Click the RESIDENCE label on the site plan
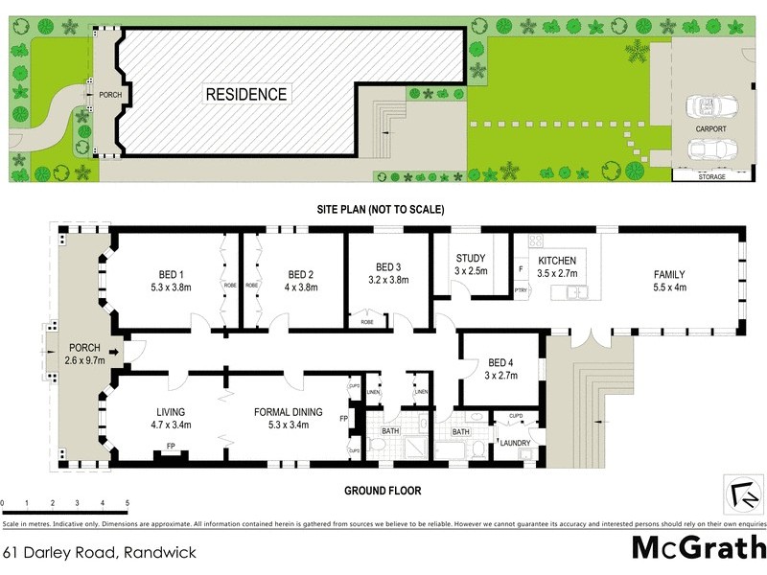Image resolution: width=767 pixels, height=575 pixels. [x=244, y=94]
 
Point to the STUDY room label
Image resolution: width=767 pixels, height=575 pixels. [x=471, y=259]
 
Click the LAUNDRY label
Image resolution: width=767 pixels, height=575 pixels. [x=515, y=443]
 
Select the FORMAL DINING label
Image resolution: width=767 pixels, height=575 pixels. [x=288, y=412]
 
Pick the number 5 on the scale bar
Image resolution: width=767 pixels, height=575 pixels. [x=127, y=502]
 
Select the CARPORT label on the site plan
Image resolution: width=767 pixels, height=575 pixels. [x=710, y=127]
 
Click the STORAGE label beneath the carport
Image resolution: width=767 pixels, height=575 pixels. [x=710, y=177]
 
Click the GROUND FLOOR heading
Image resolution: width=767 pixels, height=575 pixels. [x=383, y=491]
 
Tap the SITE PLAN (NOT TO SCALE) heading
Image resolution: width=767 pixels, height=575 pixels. [x=383, y=208]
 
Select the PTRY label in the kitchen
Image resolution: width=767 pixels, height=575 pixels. [x=521, y=290]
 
